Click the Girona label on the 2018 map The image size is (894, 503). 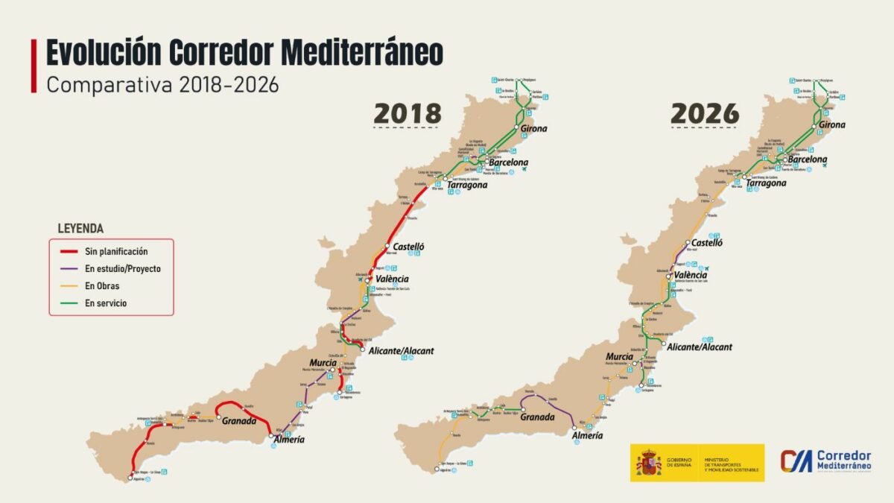533,129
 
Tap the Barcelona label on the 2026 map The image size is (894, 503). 807,159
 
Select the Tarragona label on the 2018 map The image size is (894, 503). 467,185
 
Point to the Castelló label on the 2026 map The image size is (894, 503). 707,243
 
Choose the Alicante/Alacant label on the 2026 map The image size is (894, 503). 700,347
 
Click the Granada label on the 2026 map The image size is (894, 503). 538,417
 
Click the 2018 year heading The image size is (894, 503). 408,113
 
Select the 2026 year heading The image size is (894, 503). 705,113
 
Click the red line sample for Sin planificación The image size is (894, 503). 70,252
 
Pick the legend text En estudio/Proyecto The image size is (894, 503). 122,269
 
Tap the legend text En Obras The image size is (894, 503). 101,286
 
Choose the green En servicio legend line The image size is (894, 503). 70,303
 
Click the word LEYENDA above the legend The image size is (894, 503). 80,229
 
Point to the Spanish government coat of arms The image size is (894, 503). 648,463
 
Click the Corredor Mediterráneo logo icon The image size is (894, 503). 796,461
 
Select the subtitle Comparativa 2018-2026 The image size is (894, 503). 162,84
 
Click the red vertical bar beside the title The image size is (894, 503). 34,66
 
